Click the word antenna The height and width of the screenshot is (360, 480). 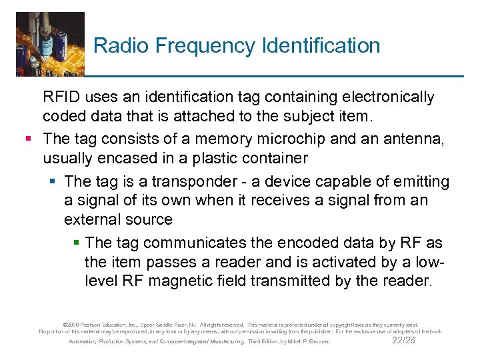[419, 139]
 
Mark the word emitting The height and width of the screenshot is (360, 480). [423, 181]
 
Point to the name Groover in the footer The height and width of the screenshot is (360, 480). [317, 342]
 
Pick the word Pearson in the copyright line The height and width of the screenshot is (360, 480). [95, 322]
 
